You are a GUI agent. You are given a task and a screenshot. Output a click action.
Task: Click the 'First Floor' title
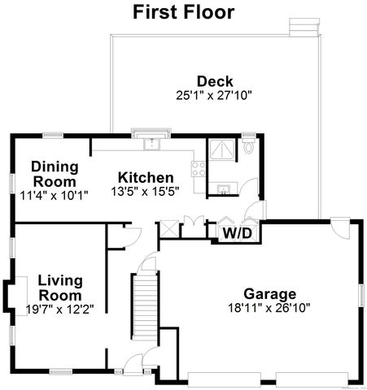183,12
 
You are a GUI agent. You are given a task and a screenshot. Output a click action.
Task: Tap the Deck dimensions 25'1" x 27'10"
215,95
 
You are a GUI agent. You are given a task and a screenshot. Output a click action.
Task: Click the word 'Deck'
215,81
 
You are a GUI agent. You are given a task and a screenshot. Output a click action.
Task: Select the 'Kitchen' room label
146,178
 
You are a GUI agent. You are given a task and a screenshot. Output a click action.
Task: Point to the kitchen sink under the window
151,145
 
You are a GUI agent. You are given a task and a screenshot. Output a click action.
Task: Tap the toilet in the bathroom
249,148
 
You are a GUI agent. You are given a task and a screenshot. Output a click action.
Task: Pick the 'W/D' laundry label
237,234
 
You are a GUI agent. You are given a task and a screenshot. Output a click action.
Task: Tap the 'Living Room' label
60,288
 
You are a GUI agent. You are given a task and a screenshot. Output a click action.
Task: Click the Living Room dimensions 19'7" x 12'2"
60,309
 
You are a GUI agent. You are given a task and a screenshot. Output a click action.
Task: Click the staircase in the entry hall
143,308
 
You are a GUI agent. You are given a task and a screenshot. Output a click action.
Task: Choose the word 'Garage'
269,294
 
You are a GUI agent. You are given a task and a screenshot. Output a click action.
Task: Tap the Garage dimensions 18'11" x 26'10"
269,309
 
